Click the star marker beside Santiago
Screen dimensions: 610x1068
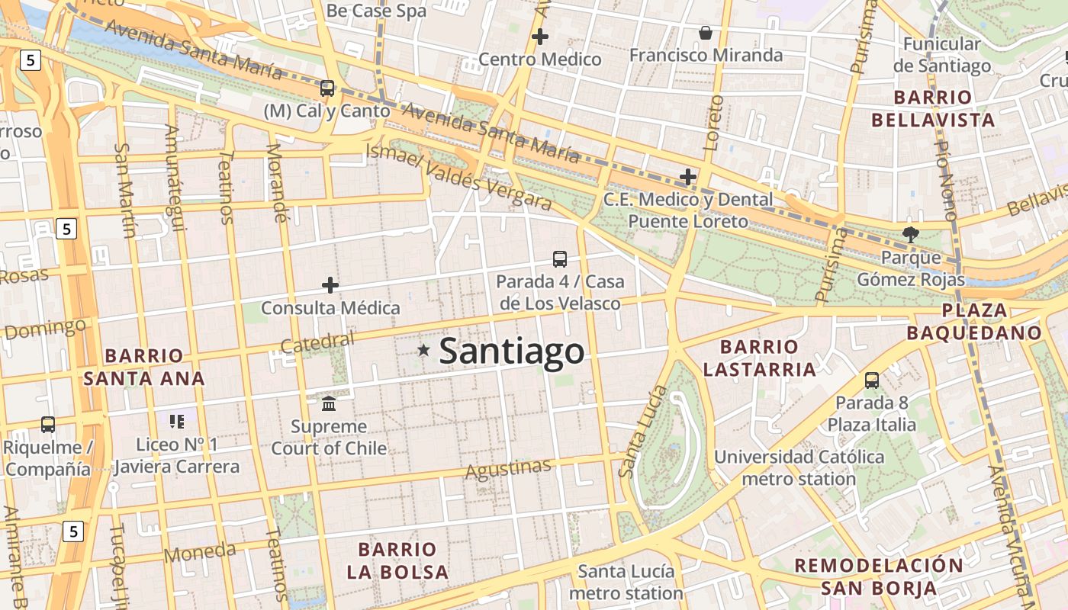click(423, 350)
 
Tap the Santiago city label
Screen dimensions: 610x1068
click(512, 352)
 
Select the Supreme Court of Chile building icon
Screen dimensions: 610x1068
click(329, 403)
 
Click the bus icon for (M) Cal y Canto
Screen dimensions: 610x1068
click(327, 88)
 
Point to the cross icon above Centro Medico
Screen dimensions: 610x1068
click(540, 36)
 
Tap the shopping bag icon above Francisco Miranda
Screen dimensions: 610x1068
click(706, 33)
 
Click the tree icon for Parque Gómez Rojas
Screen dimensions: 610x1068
click(910, 235)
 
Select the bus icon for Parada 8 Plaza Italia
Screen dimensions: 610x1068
click(872, 380)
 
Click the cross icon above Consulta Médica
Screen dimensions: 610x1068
click(330, 285)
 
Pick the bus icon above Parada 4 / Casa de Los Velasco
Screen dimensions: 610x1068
click(560, 259)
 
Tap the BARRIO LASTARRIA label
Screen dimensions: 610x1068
click(759, 358)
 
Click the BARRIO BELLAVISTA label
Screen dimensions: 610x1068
click(933, 108)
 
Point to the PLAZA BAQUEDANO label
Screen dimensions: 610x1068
click(974, 321)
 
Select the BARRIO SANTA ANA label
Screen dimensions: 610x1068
click(144, 367)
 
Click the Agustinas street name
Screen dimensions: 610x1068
click(508, 468)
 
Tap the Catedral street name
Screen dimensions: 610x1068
click(317, 342)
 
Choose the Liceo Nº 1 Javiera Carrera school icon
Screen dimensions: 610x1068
click(177, 421)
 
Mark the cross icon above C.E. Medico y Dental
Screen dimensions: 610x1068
click(688, 177)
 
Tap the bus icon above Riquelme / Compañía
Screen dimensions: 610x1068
click(48, 425)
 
